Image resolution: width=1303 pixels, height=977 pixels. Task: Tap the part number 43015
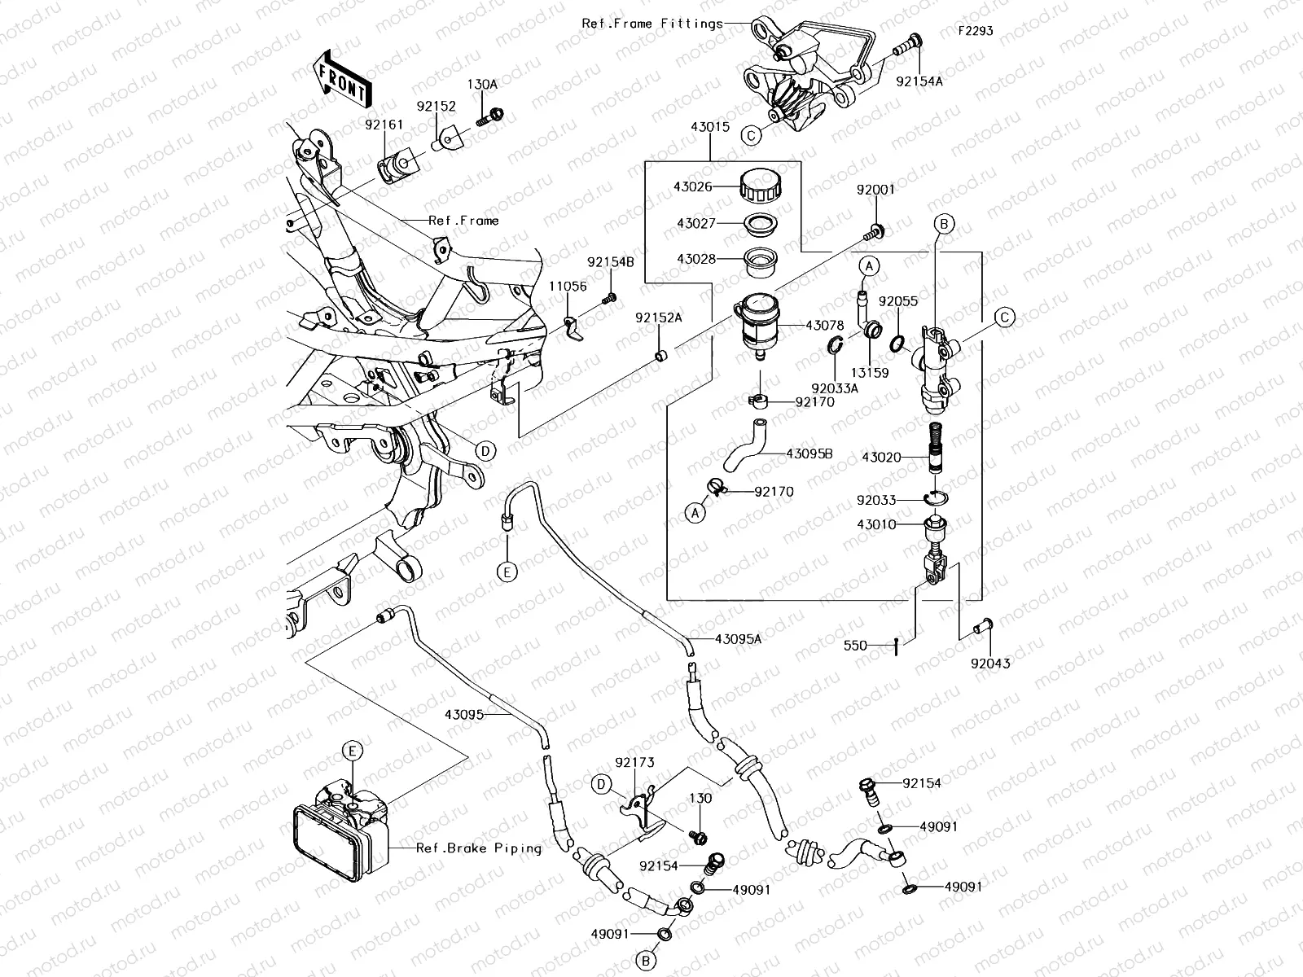click(x=709, y=129)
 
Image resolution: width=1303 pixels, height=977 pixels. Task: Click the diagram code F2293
click(x=975, y=31)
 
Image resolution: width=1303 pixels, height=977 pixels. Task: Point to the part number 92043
click(x=990, y=664)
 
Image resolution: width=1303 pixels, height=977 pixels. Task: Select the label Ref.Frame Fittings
click(x=652, y=24)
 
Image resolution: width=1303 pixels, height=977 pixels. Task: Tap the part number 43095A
click(x=739, y=639)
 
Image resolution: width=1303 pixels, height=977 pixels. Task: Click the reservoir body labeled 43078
click(x=760, y=324)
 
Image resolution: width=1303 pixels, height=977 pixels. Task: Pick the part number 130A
click(x=481, y=84)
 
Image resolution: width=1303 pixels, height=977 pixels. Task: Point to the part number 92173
click(x=635, y=763)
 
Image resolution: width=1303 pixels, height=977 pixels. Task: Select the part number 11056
click(x=568, y=287)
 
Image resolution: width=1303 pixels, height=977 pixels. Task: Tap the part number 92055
click(x=898, y=301)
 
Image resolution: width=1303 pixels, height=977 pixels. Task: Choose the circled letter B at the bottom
click(x=646, y=962)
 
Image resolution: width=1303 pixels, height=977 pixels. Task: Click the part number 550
click(x=855, y=646)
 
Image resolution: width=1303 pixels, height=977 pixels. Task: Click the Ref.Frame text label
click(x=463, y=221)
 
